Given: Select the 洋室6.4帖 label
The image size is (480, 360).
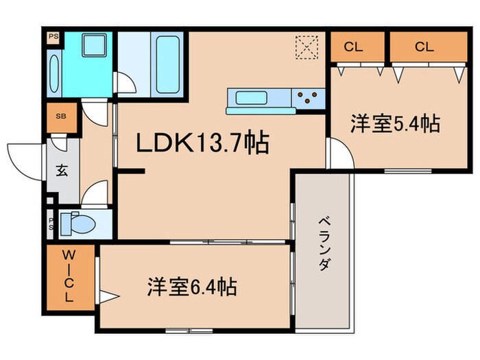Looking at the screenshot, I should (191, 287).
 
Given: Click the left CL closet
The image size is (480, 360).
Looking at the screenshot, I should (354, 47).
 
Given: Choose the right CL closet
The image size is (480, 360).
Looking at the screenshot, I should (424, 47).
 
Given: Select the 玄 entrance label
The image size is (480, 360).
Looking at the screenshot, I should (62, 171).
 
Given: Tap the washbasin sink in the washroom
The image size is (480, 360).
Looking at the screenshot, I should (92, 48).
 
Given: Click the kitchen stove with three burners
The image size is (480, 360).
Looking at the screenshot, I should (309, 99).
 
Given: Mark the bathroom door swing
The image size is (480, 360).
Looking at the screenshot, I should (125, 84).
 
